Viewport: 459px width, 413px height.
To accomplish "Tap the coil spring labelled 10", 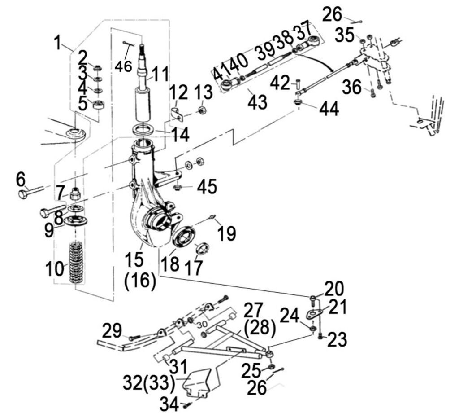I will [76, 263].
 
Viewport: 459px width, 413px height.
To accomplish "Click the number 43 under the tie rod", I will [257, 102].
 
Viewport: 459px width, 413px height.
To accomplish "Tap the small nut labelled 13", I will [202, 109].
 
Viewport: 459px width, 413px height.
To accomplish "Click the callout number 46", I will [123, 66].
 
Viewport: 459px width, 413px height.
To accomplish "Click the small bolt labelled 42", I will [296, 83].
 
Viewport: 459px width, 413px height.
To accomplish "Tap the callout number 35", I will [346, 35].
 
